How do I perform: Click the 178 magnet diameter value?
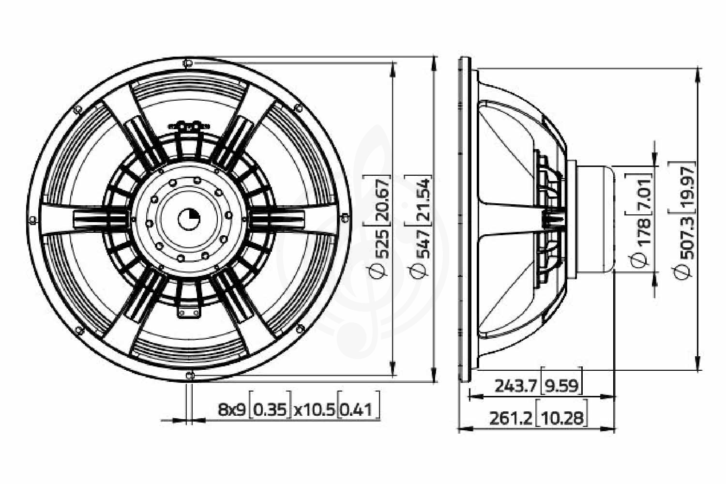point(643,232)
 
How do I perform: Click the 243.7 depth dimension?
point(515,386)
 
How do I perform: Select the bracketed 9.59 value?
point(561,386)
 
